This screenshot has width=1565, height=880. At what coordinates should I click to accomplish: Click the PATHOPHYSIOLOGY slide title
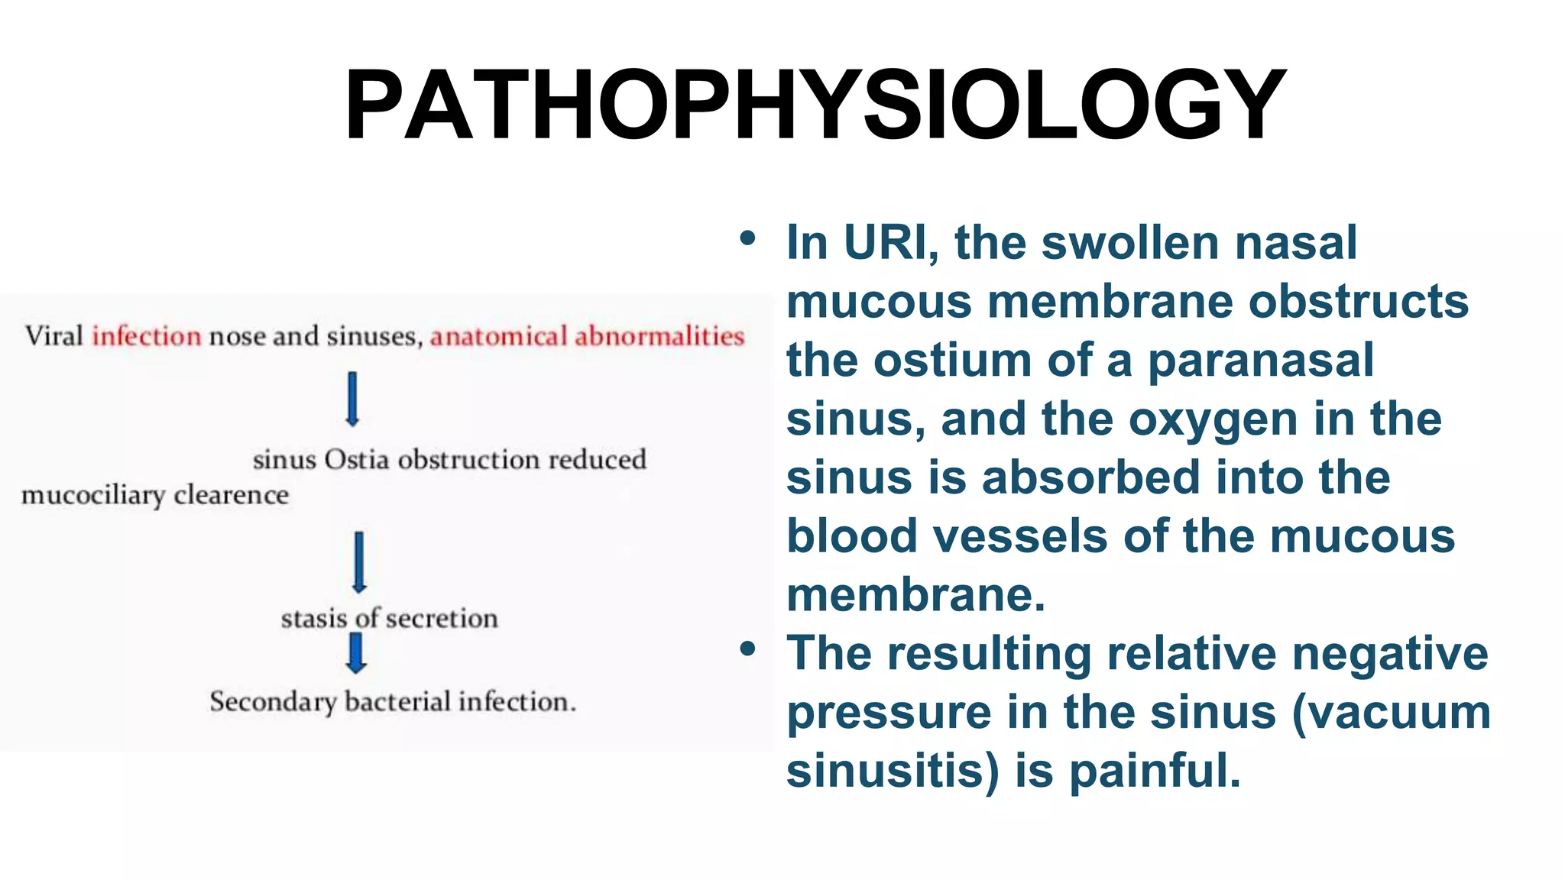815,105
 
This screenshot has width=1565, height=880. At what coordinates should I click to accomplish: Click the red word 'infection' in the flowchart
146,336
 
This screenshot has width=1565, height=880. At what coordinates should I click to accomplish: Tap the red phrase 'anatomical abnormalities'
587,336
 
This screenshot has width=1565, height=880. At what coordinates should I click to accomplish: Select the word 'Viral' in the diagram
53,336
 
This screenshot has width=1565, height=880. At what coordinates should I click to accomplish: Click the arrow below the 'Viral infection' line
352,399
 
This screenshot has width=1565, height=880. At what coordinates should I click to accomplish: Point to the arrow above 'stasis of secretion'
359,562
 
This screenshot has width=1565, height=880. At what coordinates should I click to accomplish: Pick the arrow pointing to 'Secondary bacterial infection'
356,655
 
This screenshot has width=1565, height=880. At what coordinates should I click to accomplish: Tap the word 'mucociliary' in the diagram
92,496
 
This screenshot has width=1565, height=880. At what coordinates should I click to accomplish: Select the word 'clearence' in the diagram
232,495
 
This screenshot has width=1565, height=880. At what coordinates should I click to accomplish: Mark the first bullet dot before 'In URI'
747,238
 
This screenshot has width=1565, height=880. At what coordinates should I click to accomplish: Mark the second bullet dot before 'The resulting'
747,649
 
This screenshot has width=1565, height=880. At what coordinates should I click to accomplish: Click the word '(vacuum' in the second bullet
1391,713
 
